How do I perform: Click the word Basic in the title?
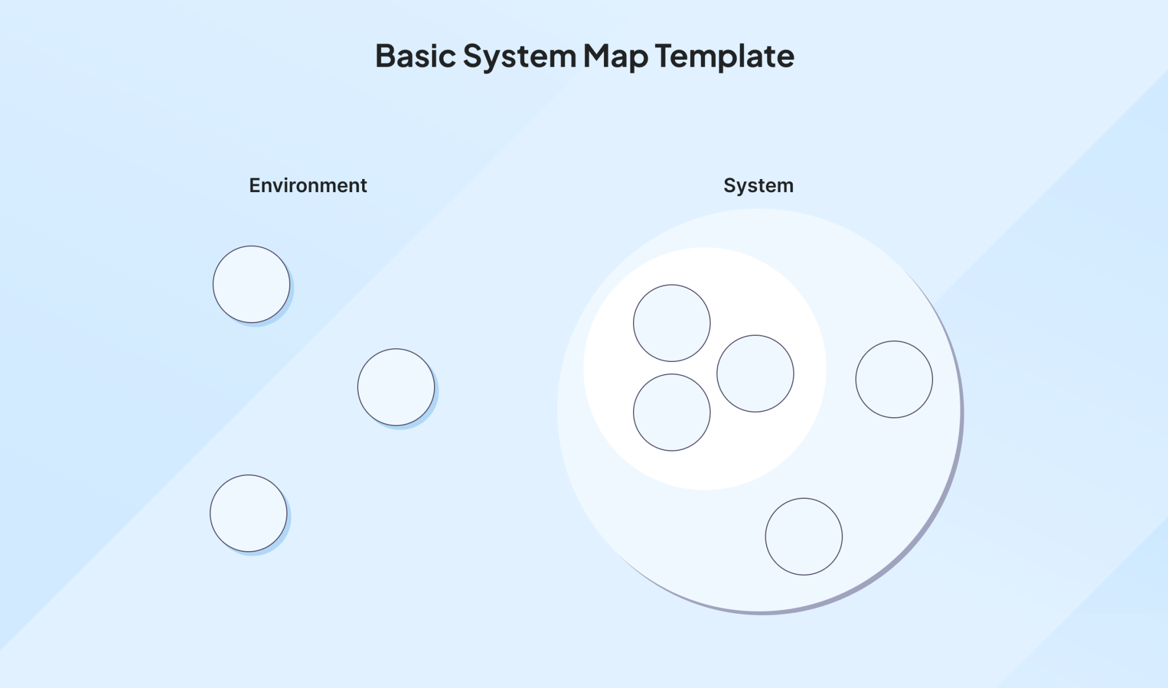[x=415, y=56]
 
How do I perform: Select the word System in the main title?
[x=520, y=56]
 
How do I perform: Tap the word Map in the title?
[x=615, y=56]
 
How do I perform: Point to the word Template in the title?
[x=724, y=56]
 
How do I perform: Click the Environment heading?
[x=308, y=185]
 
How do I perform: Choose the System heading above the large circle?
[x=759, y=185]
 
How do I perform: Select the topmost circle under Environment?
[x=252, y=284]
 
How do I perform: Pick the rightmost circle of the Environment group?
[x=396, y=387]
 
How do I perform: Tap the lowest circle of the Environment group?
[x=249, y=513]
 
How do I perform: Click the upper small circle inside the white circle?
[x=672, y=323]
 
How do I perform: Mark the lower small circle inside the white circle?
[x=672, y=412]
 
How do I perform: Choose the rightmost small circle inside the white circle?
[x=755, y=373]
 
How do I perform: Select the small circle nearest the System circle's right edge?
[x=894, y=380]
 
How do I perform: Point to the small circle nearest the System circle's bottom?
[x=804, y=536]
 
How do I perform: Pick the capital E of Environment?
[x=254, y=185]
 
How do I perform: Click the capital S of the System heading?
[x=729, y=185]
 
